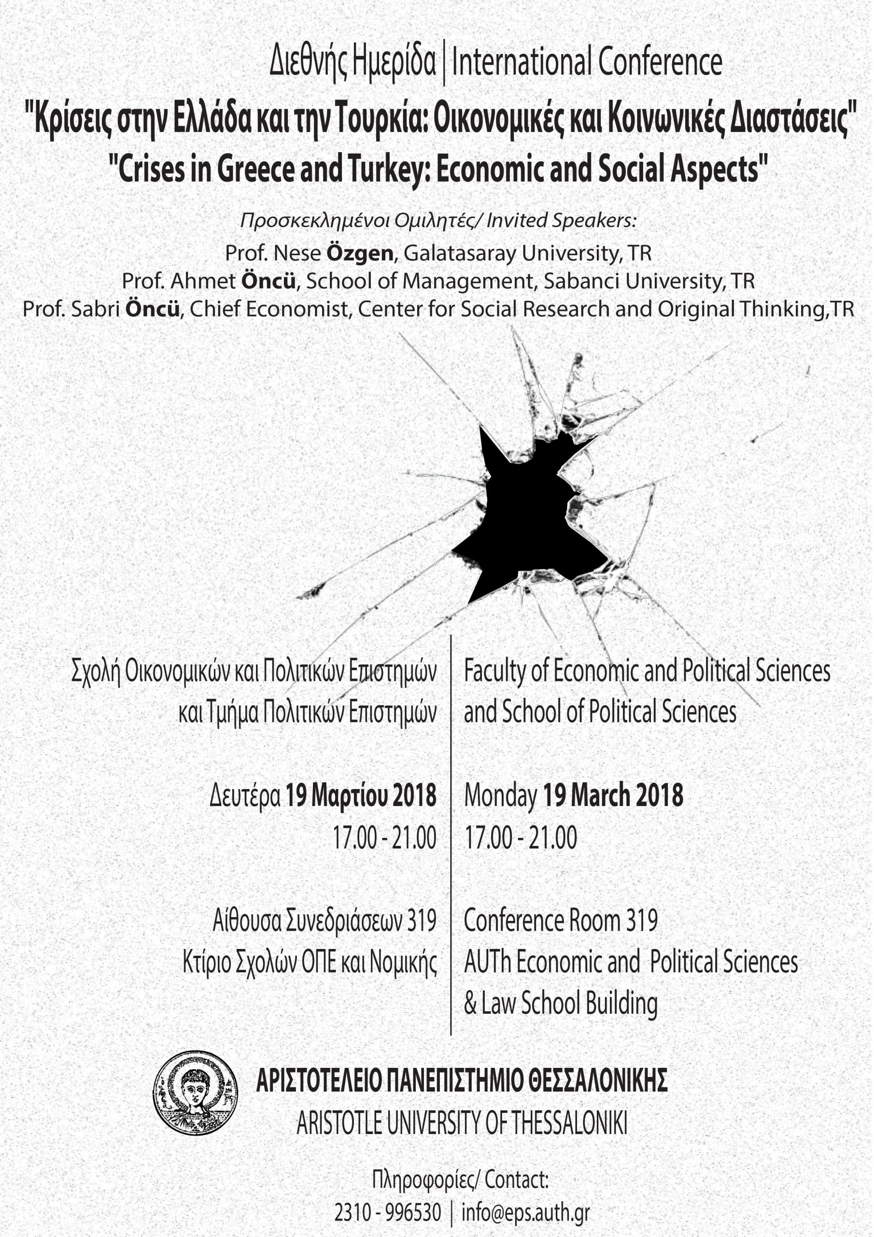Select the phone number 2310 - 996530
[x=388, y=1213]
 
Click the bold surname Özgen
[x=360, y=253]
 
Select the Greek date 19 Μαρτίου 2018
[x=360, y=796]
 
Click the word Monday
[x=500, y=796]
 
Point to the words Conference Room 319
[x=561, y=920]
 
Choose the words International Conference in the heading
[x=587, y=62]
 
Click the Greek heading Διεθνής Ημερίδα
[x=352, y=62]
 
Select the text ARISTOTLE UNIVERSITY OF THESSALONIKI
[x=462, y=1123]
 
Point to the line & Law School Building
[x=561, y=1003]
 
